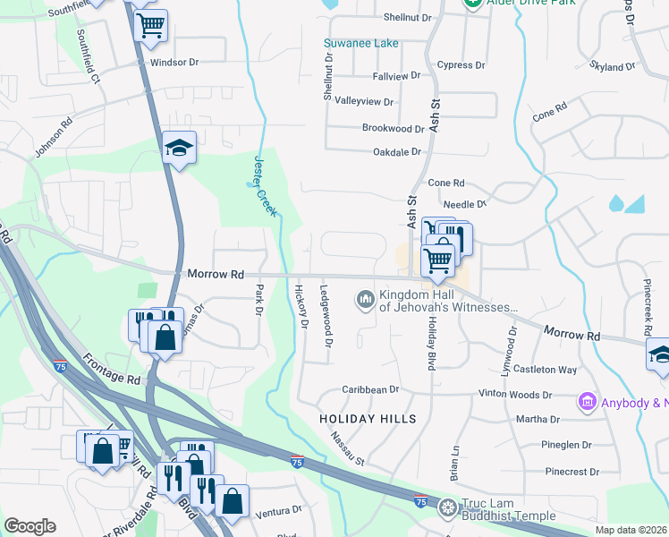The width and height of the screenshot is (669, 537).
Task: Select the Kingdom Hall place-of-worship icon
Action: click(x=365, y=298)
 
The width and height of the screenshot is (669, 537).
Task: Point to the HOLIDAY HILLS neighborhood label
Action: click(x=368, y=419)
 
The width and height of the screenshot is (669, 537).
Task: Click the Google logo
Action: click(x=30, y=526)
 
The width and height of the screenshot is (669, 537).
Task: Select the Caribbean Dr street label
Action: click(x=370, y=390)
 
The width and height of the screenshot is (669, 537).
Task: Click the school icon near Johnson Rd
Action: click(x=179, y=149)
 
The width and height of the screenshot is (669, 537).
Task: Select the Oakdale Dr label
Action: click(x=396, y=152)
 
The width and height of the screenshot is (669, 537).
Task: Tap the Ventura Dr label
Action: click(x=279, y=511)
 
